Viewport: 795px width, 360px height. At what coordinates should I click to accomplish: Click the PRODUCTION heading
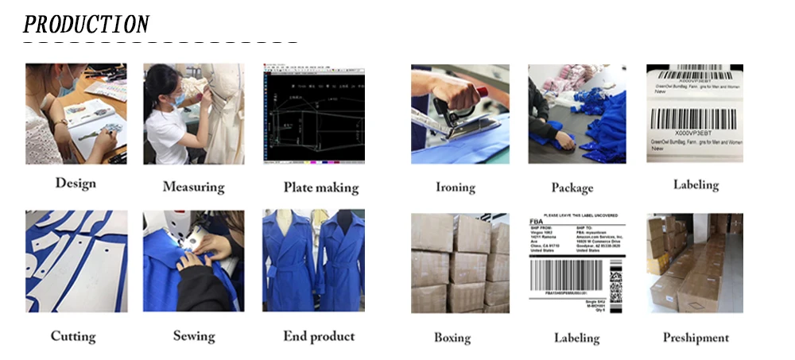(86, 24)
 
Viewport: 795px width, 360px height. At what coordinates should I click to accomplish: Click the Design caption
(75, 184)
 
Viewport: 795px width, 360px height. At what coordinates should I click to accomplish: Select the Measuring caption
(193, 188)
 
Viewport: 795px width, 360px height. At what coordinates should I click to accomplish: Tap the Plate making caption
(320, 188)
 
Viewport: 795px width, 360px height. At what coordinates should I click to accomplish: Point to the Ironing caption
(455, 188)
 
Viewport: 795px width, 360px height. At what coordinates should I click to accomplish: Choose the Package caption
(572, 188)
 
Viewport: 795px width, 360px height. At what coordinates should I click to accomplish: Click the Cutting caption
(74, 336)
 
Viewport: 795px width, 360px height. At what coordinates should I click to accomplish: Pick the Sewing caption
(194, 336)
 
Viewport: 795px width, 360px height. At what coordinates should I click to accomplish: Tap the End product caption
(319, 336)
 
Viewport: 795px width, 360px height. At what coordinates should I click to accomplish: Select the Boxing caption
(452, 338)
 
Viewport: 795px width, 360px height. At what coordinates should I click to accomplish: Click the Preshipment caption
(696, 338)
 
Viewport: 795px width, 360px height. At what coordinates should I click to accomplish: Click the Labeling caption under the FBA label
(576, 338)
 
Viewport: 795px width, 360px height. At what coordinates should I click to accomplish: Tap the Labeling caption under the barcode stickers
(696, 185)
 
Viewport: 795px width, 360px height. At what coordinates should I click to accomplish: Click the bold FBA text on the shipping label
(539, 225)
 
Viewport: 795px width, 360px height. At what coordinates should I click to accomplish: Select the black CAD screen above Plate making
(313, 114)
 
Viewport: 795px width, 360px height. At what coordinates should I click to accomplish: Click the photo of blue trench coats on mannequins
(313, 261)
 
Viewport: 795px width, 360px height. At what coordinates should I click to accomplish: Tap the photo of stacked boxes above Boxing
(460, 263)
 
